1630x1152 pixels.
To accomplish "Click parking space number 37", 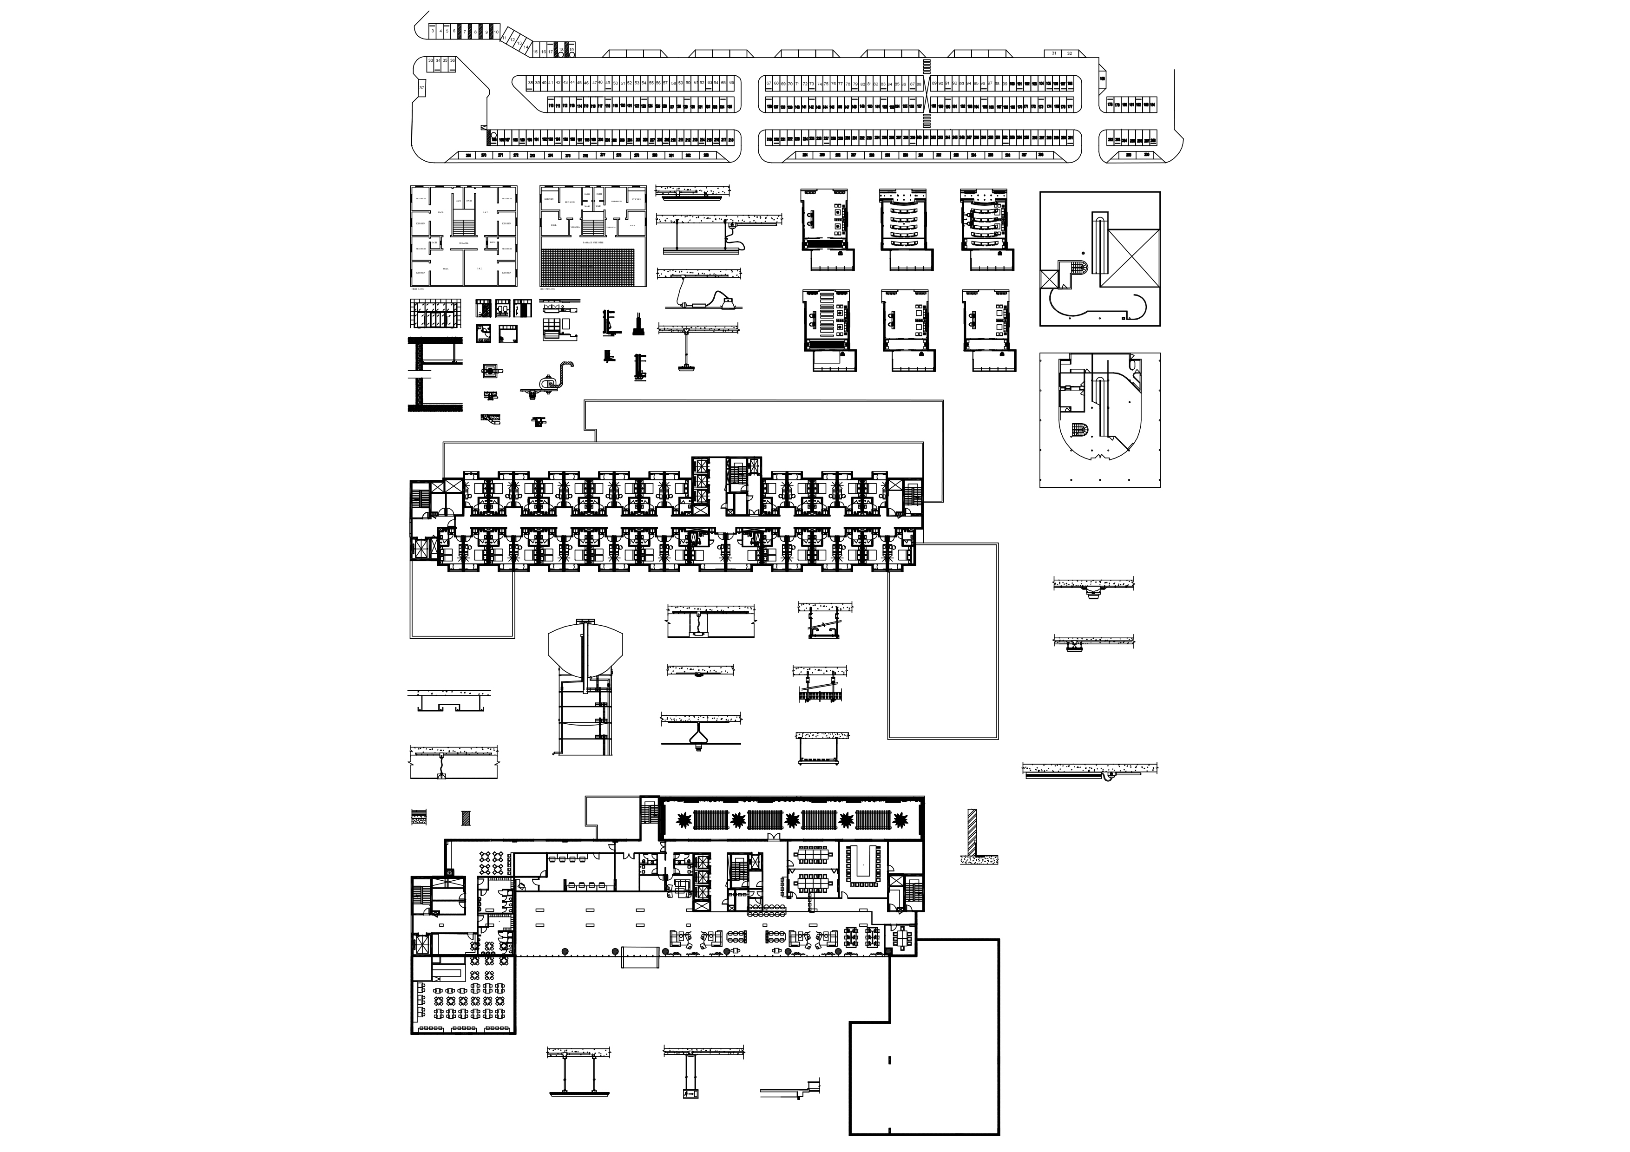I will pyautogui.click(x=422, y=88).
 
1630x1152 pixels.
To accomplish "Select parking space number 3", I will pyautogui.click(x=432, y=31).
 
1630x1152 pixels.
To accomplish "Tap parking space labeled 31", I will pyautogui.click(x=1054, y=53).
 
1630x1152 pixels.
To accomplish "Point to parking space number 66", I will pyautogui.click(x=731, y=83).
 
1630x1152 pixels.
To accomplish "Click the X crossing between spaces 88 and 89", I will pyautogui.click(x=927, y=97).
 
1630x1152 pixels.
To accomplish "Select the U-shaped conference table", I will pyautogui.click(x=863, y=865).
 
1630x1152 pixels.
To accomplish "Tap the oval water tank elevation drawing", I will pyautogui.click(x=585, y=648).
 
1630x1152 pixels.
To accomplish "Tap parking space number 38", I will pyautogui.click(x=530, y=84).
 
